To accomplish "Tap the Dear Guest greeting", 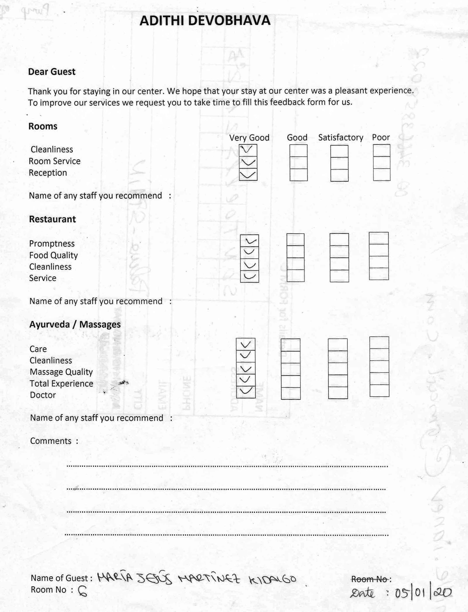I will point(52,72).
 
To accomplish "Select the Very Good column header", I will point(249,137).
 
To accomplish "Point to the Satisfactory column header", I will point(341,137).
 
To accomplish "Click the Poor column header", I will point(381,137).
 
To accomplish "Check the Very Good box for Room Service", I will point(248,162).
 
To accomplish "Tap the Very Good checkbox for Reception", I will point(248,175).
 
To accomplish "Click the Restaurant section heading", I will point(52,219).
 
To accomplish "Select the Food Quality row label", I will point(54,255).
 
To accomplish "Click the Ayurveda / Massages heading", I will point(75,324).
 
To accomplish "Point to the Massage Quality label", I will point(61,372).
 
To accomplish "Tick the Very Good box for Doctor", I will point(245,392).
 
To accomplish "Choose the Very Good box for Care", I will point(245,344).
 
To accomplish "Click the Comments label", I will point(51,441).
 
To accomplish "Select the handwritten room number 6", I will point(82,591).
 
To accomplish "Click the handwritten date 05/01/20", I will point(423,593).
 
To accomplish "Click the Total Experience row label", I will point(61,383).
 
